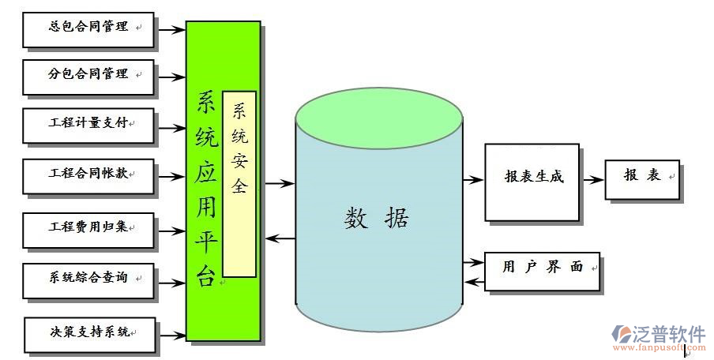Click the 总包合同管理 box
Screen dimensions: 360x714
pos(88,28)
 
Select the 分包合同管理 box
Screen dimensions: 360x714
pos(88,77)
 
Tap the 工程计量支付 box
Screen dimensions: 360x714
pos(88,125)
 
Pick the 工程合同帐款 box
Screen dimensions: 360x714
pos(88,174)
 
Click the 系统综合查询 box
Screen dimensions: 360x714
pos(88,279)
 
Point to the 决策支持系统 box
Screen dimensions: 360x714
pos(89,334)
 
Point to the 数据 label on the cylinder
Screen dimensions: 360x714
pos(377,219)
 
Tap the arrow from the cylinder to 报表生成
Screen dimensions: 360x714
pos(472,180)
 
